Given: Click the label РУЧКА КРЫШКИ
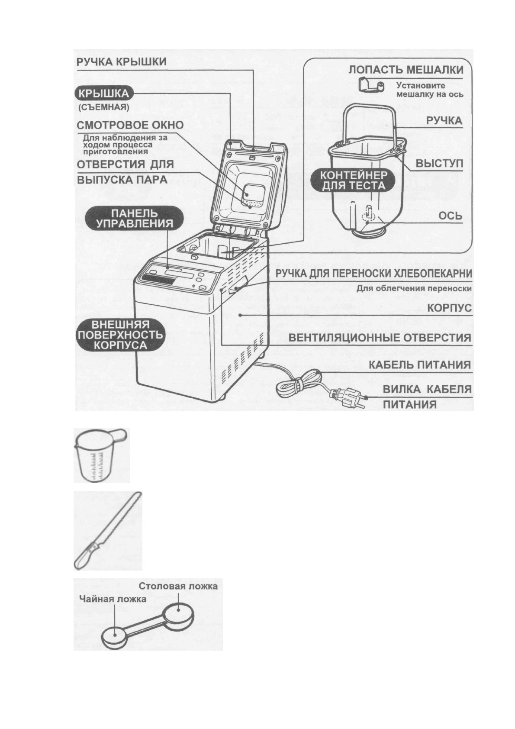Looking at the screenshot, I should point(122,61).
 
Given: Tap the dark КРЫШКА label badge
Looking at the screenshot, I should point(104,93).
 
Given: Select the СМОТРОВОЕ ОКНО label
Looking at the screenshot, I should point(130,125).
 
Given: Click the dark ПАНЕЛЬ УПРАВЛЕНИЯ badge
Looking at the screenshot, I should point(134,219).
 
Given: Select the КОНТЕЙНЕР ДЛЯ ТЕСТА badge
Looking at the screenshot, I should point(353,181).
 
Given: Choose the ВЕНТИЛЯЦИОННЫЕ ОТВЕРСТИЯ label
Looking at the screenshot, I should point(380,338).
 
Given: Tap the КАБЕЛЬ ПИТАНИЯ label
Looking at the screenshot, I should point(419,364).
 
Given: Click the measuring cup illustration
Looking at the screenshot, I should point(101,455).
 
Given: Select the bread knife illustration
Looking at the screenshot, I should point(107,530).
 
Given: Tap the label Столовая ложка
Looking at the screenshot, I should point(178,586).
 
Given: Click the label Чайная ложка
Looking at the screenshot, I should point(113,599).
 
